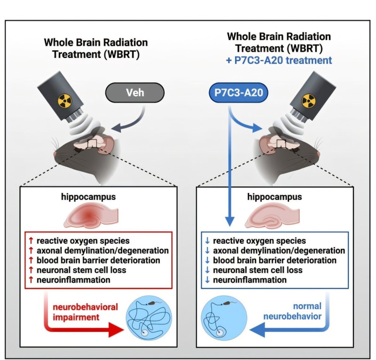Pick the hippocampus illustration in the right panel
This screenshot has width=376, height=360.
coord(273,216)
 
